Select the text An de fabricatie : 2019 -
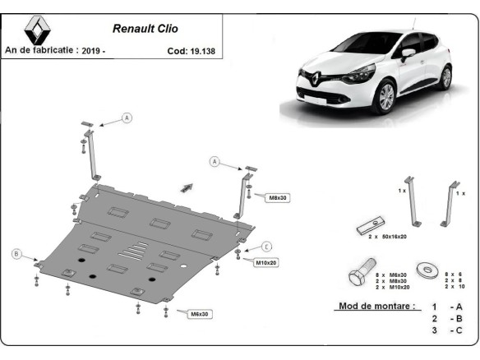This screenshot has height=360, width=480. click(56, 50)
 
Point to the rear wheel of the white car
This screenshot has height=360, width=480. click(445, 77)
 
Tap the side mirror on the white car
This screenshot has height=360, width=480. click(408, 53)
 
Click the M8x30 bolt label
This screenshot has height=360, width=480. click(277, 197)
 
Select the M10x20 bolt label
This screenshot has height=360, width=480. click(265, 262)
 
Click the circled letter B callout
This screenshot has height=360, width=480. click(16, 254)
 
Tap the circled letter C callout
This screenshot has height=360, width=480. click(266, 246)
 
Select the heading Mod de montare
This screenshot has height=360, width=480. click(375, 307)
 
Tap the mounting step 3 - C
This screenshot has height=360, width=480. click(444, 330)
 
